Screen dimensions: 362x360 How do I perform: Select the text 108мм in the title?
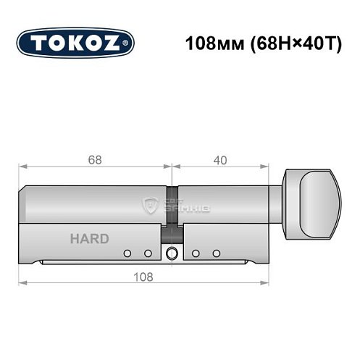(x=211, y=42)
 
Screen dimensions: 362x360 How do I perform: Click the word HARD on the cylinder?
(x=90, y=239)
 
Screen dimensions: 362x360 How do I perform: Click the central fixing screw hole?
(x=172, y=254)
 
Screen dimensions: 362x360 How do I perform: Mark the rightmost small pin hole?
(x=216, y=253)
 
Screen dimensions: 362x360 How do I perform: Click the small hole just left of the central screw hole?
(x=148, y=253)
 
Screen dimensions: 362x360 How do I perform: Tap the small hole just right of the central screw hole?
(x=196, y=253)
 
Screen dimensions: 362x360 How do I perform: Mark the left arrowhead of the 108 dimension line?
(x=22, y=284)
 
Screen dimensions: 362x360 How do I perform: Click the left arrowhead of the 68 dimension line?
(x=22, y=167)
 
